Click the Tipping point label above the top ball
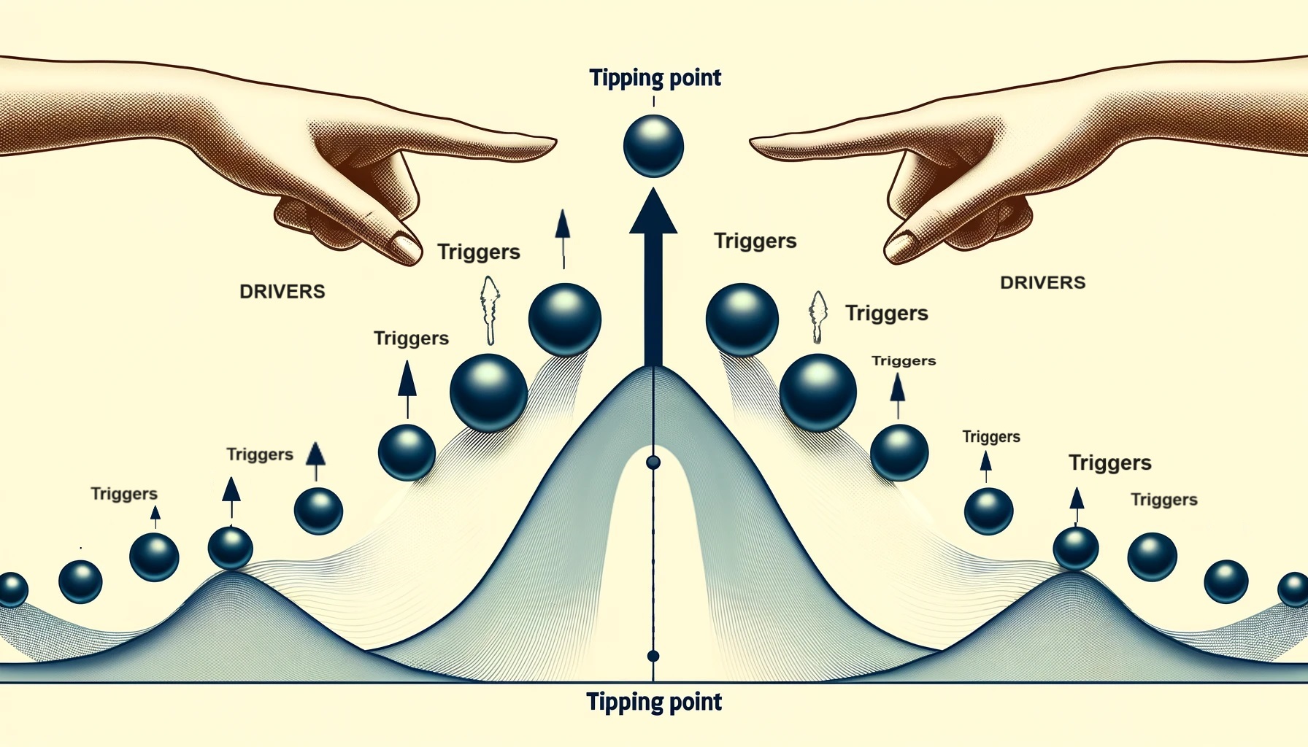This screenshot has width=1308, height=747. (655, 77)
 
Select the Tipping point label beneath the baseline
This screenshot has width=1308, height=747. (654, 702)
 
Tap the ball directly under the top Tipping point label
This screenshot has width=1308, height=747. (653, 146)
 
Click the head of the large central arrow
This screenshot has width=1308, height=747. (653, 212)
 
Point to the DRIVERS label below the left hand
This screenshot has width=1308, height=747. (282, 291)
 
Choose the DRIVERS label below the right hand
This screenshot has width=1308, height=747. (1042, 282)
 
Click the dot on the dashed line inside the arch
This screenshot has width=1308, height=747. (653, 462)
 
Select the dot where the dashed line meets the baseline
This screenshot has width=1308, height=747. (653, 656)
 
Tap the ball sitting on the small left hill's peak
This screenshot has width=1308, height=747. (231, 547)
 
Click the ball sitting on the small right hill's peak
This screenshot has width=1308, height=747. (1075, 549)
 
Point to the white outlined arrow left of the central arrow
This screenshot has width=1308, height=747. (490, 309)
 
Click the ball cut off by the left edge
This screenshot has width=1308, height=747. (12, 589)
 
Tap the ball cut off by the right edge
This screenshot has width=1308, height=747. (1295, 589)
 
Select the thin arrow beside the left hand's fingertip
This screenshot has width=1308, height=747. (562, 237)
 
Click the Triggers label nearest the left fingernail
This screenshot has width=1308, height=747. (478, 252)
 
